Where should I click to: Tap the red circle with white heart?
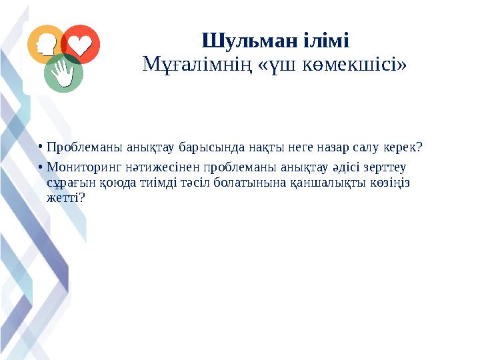tap(81, 44)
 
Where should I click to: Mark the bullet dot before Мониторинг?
tap(40, 167)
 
